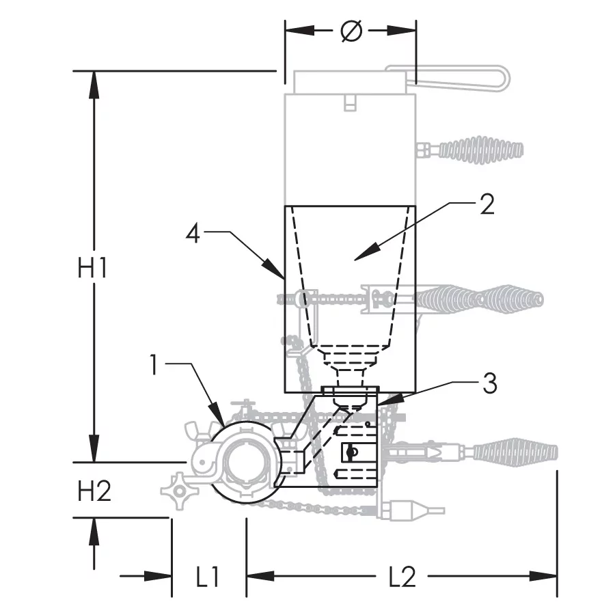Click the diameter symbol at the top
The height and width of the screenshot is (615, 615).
point(351,31)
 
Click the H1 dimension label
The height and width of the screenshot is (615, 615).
point(92,268)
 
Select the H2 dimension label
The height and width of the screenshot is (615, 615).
point(94,491)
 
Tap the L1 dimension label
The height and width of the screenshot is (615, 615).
point(206,577)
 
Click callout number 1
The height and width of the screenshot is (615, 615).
point(156,364)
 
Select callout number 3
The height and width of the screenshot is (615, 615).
point(489,384)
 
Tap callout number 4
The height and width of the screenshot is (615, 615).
point(193,234)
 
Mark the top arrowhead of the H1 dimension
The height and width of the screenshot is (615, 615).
point(94,79)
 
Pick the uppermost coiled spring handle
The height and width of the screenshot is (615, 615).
point(481,148)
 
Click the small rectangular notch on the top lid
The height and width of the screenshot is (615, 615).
point(350,102)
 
